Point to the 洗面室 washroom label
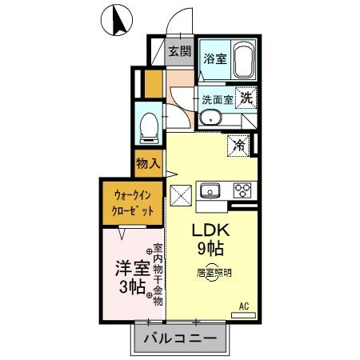[x=217, y=101]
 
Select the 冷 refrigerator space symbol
[x=239, y=146]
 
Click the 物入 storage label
[x=148, y=163]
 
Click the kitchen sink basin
[x=212, y=190]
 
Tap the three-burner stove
[x=242, y=190]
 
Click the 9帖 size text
[x=210, y=248]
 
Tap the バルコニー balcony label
[x=180, y=338]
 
